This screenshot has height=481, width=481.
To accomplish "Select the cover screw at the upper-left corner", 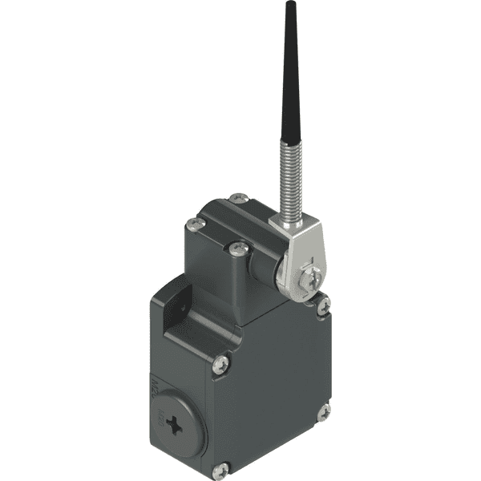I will (x=224, y=365).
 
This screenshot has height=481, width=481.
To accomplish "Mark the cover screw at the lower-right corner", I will (x=323, y=412).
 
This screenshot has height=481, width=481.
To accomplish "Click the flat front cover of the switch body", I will (x=273, y=385).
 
